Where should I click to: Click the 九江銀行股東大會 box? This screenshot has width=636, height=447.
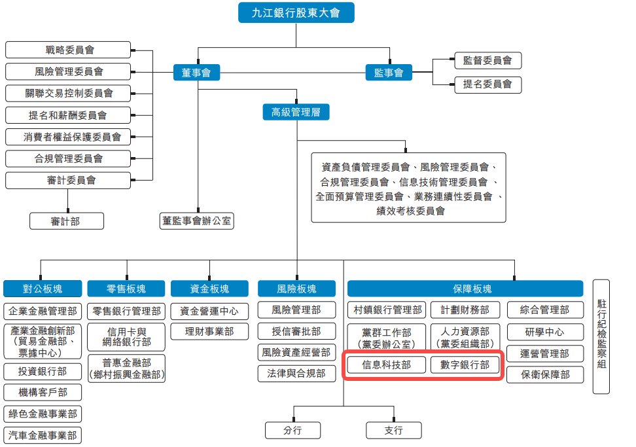pos(296,12)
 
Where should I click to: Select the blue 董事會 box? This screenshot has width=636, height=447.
pos(196,73)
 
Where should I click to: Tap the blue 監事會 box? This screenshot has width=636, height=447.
pos(389,73)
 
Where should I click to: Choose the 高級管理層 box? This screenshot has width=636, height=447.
pos(296,112)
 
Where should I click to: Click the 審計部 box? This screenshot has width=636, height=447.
pos(66,221)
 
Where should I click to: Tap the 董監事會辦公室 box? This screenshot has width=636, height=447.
pos(197,221)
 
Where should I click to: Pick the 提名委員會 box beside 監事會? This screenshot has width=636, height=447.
pos(487,84)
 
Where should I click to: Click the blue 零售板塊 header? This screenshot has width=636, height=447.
pos(126,289)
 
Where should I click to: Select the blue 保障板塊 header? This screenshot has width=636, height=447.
pos(465,289)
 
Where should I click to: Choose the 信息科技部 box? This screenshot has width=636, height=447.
pos(387,365)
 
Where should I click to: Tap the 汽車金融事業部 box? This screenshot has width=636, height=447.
pos(43,435)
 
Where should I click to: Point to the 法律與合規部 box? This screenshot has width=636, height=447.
pos(296,374)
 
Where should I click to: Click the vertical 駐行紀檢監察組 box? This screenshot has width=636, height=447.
pos(601,337)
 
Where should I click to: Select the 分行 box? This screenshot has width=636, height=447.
pos(292,430)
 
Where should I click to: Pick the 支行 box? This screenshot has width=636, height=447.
pos(394,430)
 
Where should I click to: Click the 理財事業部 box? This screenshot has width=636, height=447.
pos(209,332)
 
